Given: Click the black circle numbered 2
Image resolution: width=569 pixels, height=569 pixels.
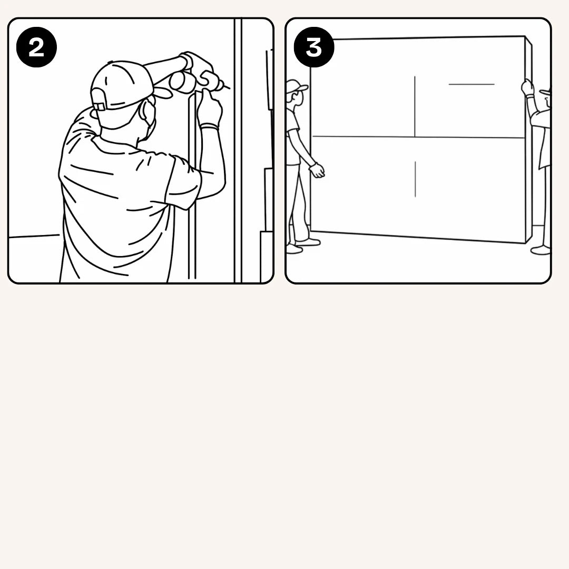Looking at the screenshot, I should click(x=36, y=48).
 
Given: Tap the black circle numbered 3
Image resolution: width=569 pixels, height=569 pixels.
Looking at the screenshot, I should click(x=313, y=48).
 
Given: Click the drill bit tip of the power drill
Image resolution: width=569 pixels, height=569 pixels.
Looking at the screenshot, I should click(x=227, y=86).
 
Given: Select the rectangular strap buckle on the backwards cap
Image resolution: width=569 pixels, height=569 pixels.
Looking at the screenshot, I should click(x=99, y=106).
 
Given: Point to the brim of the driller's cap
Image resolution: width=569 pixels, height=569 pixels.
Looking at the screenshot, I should click(x=162, y=93).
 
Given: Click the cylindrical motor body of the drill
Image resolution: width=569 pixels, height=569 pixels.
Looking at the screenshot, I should click(x=182, y=80).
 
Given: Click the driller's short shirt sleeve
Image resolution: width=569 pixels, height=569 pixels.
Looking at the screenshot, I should click(x=182, y=179).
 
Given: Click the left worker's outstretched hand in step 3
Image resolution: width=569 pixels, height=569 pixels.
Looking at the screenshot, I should click(x=317, y=170).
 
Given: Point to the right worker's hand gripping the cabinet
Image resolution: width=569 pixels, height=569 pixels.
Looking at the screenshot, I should click(x=527, y=87).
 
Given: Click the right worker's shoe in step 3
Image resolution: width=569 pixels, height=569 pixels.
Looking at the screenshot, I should click(x=541, y=250).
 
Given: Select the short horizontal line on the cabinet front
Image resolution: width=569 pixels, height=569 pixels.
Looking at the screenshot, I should click(x=472, y=84).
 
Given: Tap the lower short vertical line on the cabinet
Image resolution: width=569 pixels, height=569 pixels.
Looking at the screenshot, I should click(x=415, y=179).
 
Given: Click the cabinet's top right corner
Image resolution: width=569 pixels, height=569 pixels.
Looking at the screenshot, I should click(x=525, y=37).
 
